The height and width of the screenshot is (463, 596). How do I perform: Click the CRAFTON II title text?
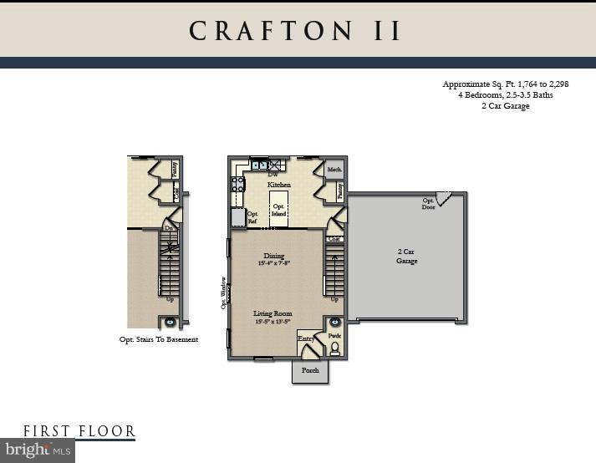[x=297, y=31]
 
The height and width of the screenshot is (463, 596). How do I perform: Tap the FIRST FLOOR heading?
[x=79, y=431]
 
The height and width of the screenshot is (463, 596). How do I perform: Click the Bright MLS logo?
[x=38, y=450]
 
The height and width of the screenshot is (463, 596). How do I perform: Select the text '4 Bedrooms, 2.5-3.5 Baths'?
[x=505, y=95]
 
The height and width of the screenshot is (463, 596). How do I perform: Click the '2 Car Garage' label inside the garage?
[x=407, y=256]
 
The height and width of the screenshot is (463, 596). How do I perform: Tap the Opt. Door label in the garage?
[x=428, y=204]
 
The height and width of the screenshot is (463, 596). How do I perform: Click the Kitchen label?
[x=278, y=185]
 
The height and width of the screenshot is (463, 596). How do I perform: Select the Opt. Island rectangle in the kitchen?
[x=278, y=210]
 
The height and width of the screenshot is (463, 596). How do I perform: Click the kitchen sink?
[x=258, y=165]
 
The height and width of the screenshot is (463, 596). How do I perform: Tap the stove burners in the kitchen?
[x=237, y=185]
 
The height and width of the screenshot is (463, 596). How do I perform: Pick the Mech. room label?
[x=335, y=169]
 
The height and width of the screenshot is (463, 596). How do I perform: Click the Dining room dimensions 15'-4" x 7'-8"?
[x=274, y=263]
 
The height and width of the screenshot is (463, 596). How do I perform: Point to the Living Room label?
[x=274, y=314]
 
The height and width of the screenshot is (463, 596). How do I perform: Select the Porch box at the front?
[x=310, y=370]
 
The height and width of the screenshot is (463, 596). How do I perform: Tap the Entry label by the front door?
[x=306, y=338]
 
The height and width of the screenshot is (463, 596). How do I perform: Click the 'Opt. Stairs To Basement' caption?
[x=159, y=339]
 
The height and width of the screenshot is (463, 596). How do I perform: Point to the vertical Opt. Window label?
[x=223, y=293]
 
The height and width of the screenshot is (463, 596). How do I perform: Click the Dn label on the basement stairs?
[x=169, y=228]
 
